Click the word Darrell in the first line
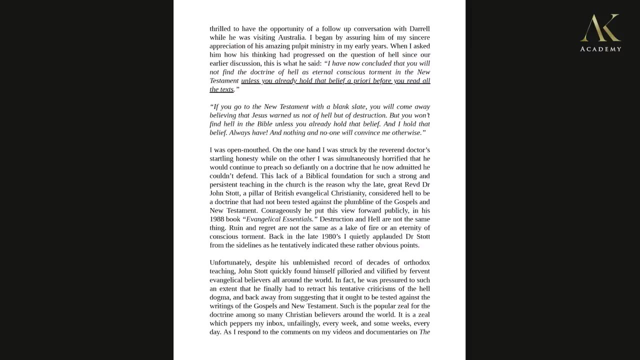click(416, 29)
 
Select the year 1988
click(218, 219)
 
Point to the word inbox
click(272, 323)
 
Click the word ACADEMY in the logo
click(600, 49)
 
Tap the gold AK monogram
click(600, 28)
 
